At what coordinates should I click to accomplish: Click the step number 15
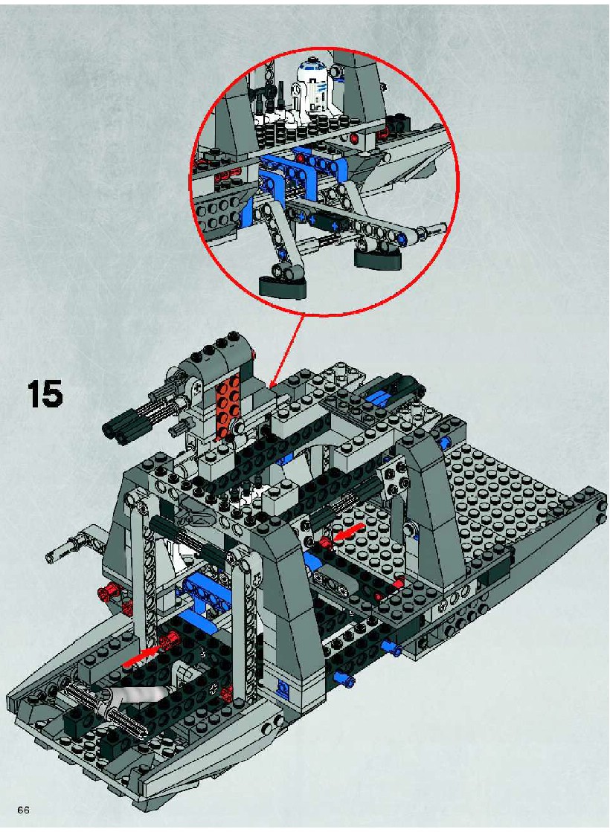(45, 394)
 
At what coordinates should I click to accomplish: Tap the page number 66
(23, 810)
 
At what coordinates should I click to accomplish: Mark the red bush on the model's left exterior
(106, 590)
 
